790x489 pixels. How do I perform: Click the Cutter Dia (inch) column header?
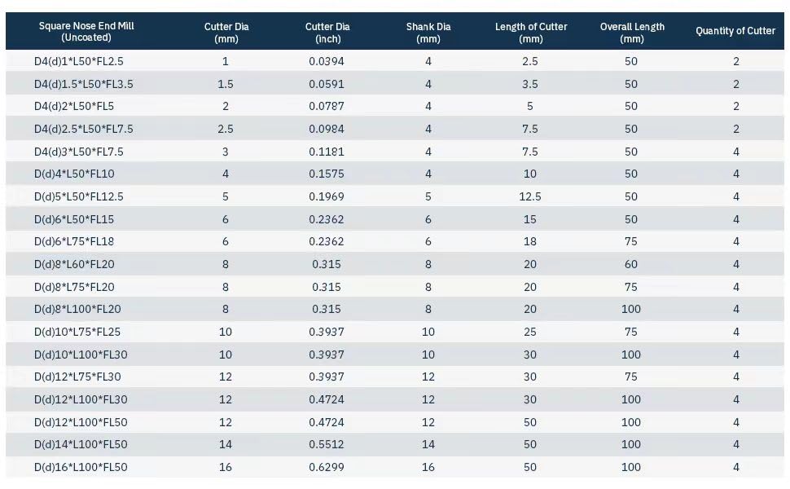[x=327, y=33]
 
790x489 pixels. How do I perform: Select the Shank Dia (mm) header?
[x=428, y=33]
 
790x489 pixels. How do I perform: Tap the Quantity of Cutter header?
[x=735, y=31]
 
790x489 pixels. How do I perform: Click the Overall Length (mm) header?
[x=632, y=33]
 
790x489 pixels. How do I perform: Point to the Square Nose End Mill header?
[x=86, y=31]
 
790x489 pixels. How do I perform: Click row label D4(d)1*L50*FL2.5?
[x=79, y=61]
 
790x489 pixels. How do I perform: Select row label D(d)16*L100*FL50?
[x=81, y=467]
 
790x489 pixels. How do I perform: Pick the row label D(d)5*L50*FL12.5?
[x=79, y=196]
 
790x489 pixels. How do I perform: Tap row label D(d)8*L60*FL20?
[x=74, y=264]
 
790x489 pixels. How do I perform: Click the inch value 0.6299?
[x=327, y=467]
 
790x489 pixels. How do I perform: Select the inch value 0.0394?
[x=327, y=61]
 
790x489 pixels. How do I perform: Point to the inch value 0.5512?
[x=327, y=445]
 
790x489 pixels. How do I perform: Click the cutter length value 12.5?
[x=530, y=196]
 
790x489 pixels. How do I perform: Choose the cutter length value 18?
[x=530, y=241]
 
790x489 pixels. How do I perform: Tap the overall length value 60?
[x=631, y=264]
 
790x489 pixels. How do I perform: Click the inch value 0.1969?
[x=327, y=196]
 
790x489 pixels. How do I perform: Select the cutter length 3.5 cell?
[x=530, y=84]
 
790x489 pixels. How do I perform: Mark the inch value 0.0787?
[x=327, y=107]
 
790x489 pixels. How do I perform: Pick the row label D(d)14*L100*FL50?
[x=81, y=445]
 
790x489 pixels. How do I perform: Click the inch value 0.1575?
[x=327, y=174]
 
